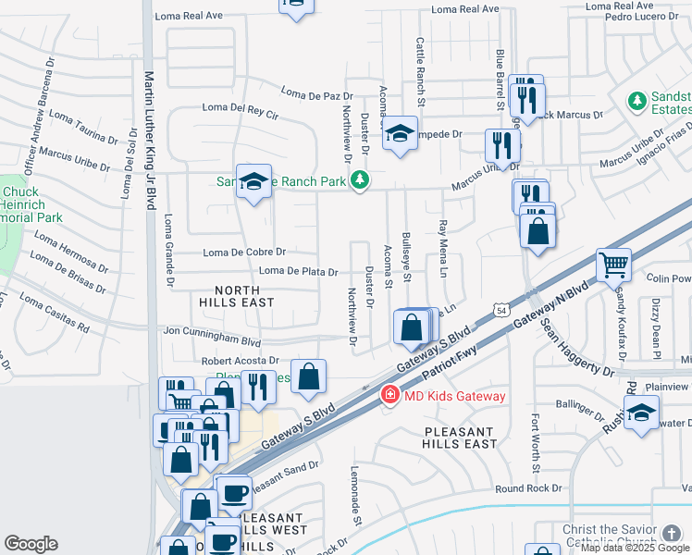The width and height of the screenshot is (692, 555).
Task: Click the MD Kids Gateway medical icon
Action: [390, 396]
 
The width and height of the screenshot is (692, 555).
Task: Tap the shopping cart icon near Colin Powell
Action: [613, 265]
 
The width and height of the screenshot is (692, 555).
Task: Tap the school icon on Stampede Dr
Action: [400, 133]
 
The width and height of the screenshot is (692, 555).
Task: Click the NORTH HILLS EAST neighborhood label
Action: [237, 296]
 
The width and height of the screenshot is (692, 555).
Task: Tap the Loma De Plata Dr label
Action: [298, 271]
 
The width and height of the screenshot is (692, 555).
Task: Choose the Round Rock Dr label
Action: [528, 488]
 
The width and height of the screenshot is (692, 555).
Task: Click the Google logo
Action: [31, 544]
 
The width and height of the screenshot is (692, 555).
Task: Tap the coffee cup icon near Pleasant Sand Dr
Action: [234, 491]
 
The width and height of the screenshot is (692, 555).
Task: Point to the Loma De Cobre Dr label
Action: [244, 252]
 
